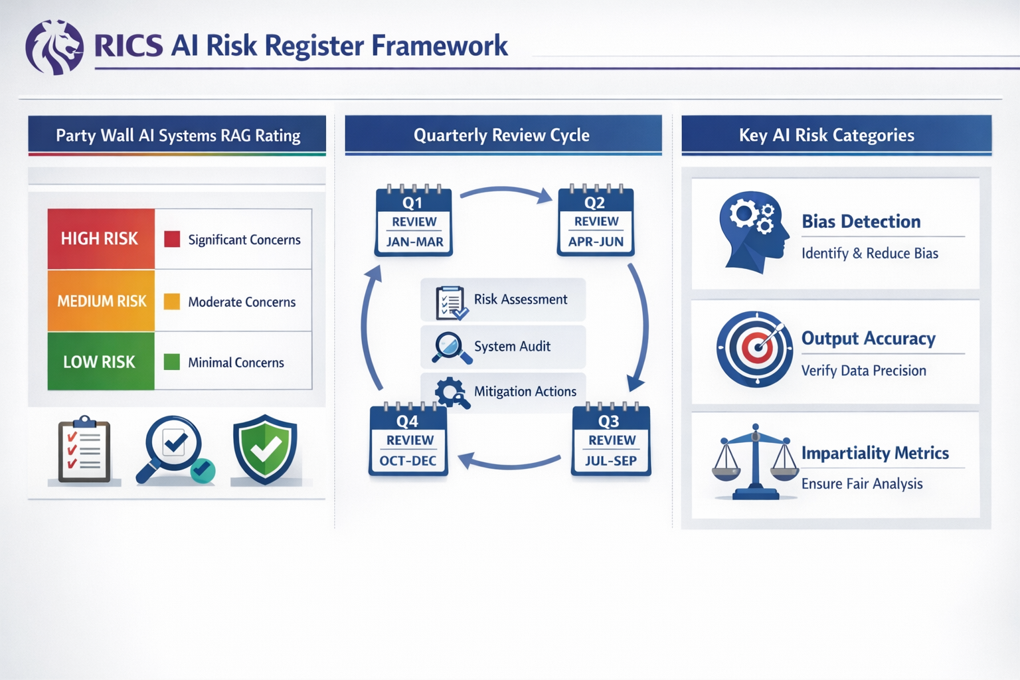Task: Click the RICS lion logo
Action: (x=54, y=47)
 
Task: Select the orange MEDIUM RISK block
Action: (x=101, y=301)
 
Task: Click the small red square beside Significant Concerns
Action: (x=172, y=239)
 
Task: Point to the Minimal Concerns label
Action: (x=236, y=363)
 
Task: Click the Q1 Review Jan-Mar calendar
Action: (x=414, y=222)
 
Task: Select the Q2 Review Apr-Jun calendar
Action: (x=596, y=222)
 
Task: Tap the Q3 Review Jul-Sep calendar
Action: (x=611, y=441)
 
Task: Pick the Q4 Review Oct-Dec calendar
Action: (x=408, y=441)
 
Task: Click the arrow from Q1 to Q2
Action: (x=506, y=193)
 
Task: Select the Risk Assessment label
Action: (x=521, y=299)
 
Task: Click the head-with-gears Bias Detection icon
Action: (x=753, y=232)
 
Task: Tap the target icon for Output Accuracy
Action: (x=754, y=349)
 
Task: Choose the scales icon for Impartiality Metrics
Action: (x=755, y=462)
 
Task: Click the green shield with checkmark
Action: (x=265, y=450)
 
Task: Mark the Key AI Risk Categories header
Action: (x=827, y=135)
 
